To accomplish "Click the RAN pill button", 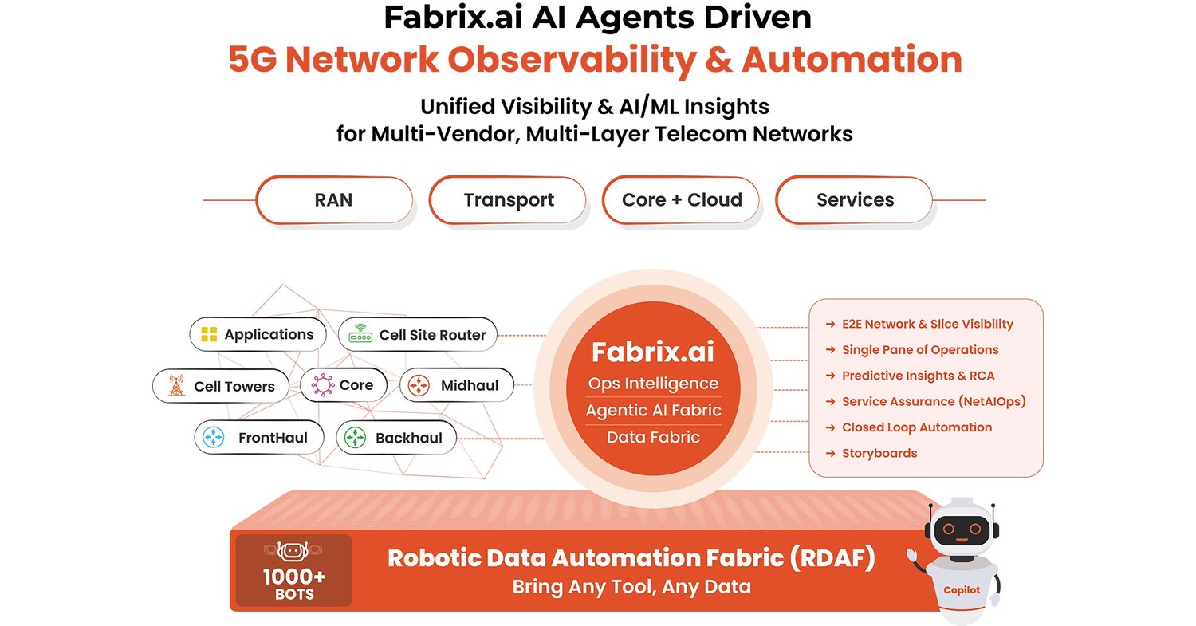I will [x=333, y=199].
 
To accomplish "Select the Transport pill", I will [x=509, y=200].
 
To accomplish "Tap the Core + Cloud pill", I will [x=682, y=199].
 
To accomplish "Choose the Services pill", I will [x=855, y=199].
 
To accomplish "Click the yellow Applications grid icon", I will [x=209, y=335].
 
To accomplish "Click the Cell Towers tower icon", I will [x=176, y=387].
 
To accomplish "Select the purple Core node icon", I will [x=322, y=385].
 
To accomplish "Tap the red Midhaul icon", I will [x=419, y=386].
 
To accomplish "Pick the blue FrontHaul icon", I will [x=214, y=438].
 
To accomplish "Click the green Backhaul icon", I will [x=355, y=438].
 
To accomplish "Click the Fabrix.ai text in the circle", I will [x=653, y=352].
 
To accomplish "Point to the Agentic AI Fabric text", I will [x=653, y=411].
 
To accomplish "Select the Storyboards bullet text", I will [x=879, y=453].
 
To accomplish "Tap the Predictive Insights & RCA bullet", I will [x=918, y=376].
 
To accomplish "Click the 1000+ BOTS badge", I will [x=294, y=571].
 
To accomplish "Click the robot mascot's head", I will [x=962, y=527].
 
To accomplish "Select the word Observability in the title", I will [x=568, y=61].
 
